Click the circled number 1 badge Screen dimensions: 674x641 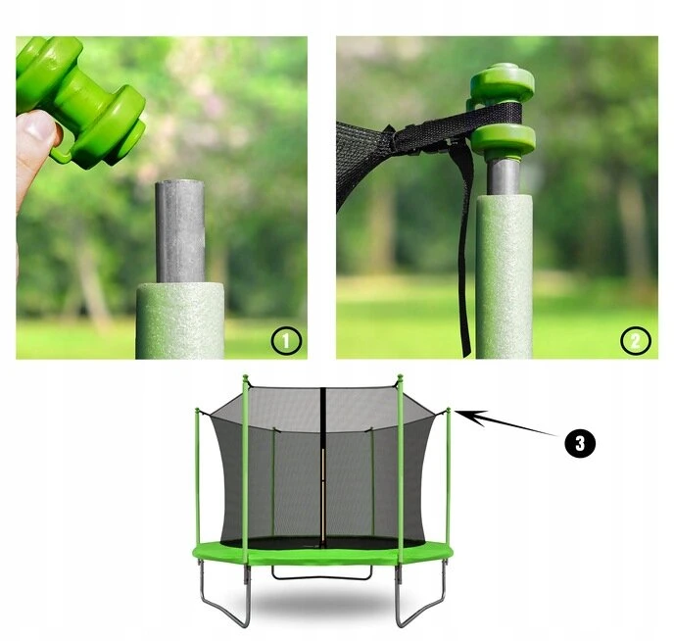point(286,340)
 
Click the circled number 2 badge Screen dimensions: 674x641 point(636,341)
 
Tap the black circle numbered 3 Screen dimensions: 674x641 point(580,442)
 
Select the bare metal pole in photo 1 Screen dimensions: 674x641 point(179,231)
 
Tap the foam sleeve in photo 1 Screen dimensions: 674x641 point(180,320)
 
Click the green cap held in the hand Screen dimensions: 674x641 point(79,101)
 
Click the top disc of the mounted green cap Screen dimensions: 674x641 point(502,81)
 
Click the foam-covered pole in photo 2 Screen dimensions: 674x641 point(504,276)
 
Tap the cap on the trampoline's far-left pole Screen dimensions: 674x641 point(197,410)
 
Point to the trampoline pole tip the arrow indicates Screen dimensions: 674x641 point(449,410)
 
